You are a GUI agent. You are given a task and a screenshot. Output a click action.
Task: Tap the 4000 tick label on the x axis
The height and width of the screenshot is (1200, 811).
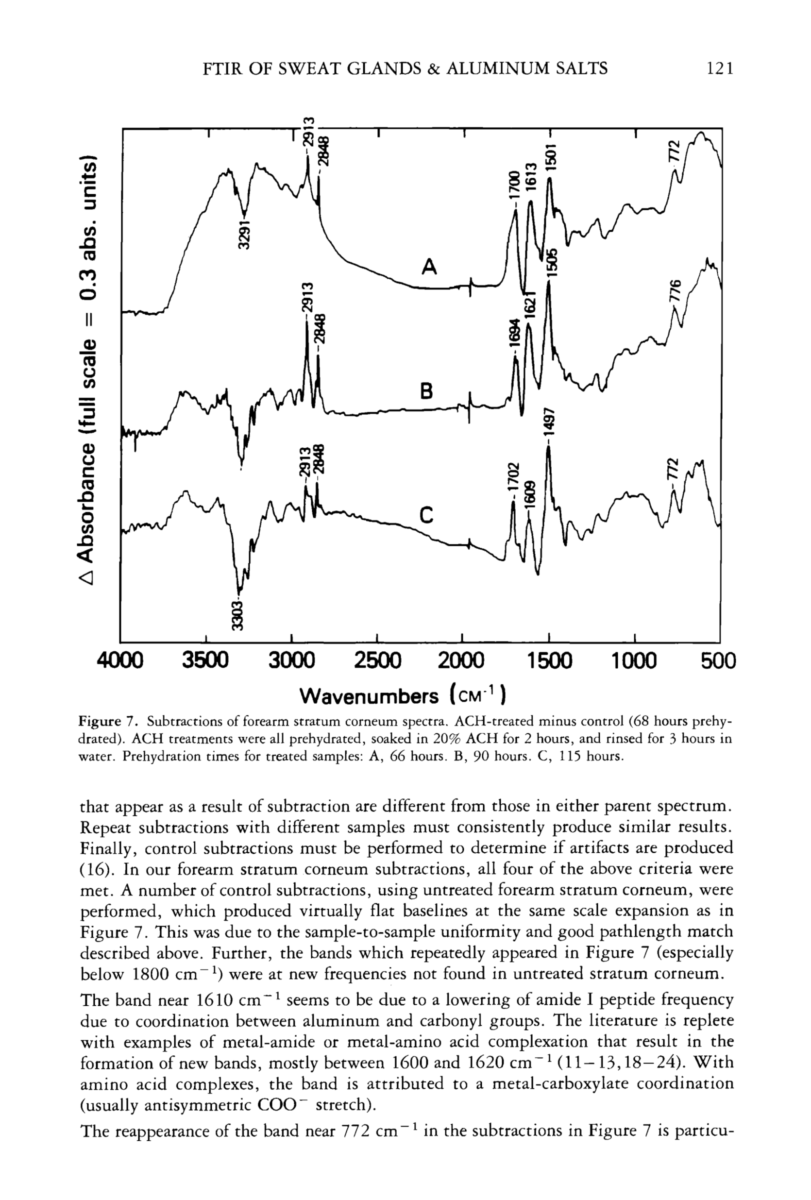(x=120, y=661)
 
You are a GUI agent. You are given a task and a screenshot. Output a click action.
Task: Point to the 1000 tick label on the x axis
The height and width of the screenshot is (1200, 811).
(x=634, y=661)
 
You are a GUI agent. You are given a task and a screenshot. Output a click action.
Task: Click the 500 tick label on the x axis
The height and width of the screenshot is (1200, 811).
(x=718, y=661)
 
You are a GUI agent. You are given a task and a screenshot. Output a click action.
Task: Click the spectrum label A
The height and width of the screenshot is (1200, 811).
(x=429, y=267)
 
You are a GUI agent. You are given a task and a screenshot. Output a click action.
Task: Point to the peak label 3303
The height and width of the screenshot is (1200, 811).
(x=237, y=615)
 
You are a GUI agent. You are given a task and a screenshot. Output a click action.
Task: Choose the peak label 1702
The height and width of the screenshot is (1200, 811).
(x=513, y=478)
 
